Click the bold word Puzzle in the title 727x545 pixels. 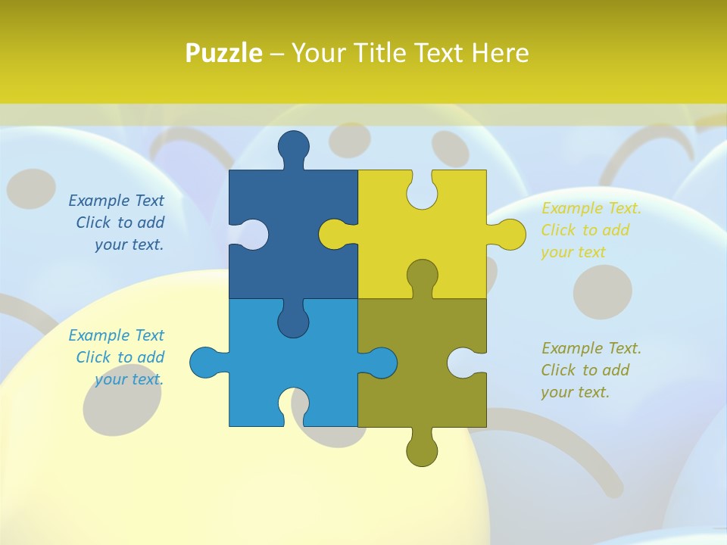(x=224, y=53)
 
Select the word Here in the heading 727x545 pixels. (x=500, y=53)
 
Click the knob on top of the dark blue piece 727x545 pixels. (x=294, y=146)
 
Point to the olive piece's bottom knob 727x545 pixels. (x=422, y=450)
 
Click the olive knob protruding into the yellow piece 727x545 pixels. (x=422, y=275)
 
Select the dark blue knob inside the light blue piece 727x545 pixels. (x=294, y=322)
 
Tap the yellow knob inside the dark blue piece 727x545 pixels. (x=334, y=234)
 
